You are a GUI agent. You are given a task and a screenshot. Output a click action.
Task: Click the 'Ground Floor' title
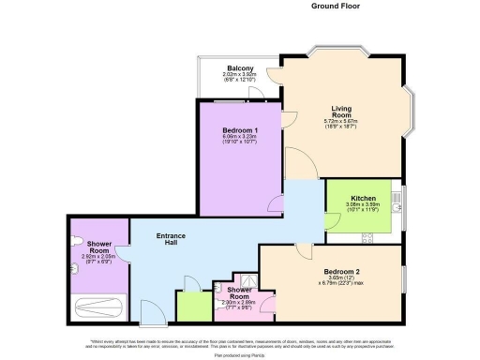pyautogui.click(x=335, y=6)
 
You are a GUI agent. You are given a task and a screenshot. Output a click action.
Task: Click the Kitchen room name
pyautogui.click(x=363, y=199)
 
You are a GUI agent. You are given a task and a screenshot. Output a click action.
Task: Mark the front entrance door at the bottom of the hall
pyautogui.click(x=150, y=312)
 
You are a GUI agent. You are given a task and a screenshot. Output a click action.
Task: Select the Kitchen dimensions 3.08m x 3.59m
pyautogui.click(x=363, y=207)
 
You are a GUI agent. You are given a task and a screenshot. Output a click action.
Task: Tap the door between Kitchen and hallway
pyautogui.click(x=333, y=220)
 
